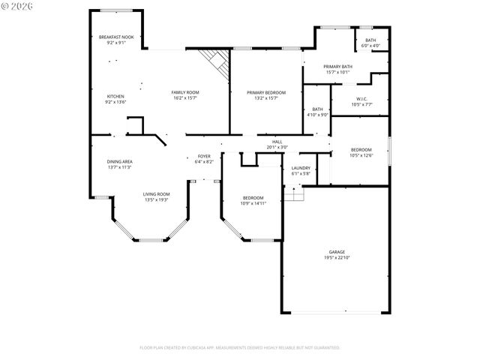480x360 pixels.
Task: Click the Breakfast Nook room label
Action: [x=115, y=40]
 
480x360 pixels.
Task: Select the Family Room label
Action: [x=185, y=94]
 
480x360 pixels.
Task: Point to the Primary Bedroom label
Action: [x=266, y=94]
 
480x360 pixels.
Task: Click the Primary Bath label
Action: [x=337, y=70]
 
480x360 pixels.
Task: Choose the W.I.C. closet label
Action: [x=361, y=101]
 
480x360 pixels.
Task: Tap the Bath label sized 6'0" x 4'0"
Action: [x=370, y=43]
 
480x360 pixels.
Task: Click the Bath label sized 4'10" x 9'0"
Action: [x=318, y=112]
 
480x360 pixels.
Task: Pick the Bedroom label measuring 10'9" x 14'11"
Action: [x=252, y=199]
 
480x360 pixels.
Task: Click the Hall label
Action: [x=277, y=145]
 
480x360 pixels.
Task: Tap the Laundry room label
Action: [x=301, y=170]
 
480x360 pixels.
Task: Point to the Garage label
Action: [x=337, y=254]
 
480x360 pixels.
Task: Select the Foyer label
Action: [x=204, y=158]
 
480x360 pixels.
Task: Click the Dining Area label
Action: [x=119, y=164]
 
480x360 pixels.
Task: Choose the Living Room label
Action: [x=157, y=196]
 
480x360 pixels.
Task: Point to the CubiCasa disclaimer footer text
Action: [x=240, y=347]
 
